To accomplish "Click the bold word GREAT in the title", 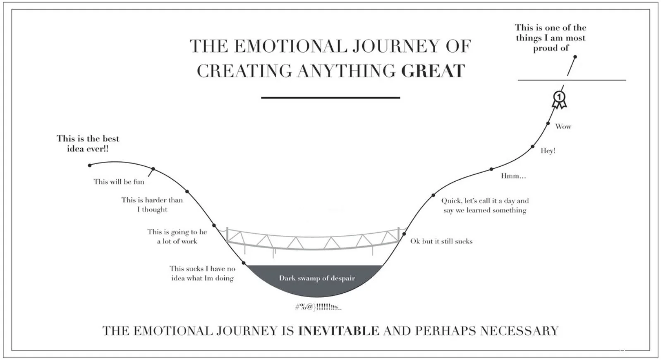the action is pos(433,71).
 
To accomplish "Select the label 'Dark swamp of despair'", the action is pos(317,278).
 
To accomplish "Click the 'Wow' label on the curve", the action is pos(563,127).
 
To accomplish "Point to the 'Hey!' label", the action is pos(548,151).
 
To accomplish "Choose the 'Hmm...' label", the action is pos(513,176).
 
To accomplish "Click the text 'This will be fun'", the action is pos(119,181).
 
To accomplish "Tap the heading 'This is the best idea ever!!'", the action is pos(88,144).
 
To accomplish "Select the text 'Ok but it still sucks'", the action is pos(441,241).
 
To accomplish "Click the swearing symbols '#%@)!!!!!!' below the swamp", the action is pos(318,307).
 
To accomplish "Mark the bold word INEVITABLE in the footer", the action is pos(338,331).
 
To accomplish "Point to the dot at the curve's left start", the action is pos(90,166).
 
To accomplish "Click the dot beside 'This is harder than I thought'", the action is pos(187,192).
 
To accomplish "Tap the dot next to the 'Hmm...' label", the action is pos(491,169).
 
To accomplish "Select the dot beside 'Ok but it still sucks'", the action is pos(403,234).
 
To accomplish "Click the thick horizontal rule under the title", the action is pos(330,98).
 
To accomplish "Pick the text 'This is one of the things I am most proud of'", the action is pos(551,38).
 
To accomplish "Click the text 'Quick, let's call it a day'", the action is pos(485,201).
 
